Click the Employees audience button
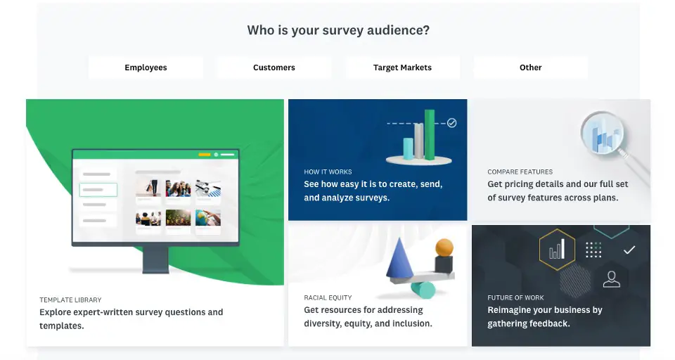point(146,67)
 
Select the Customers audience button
point(274,67)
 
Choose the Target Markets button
point(402,67)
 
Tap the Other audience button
point(530,67)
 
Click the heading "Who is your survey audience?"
point(338,30)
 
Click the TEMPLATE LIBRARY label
point(70,300)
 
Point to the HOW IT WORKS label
point(328,172)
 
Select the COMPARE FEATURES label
point(520,172)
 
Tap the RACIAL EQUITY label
point(328,297)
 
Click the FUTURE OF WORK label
point(515,297)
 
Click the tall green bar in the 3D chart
point(430,134)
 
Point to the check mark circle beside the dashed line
point(451,123)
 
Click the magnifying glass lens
point(603,134)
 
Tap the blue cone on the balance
point(400,258)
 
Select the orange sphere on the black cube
point(444,247)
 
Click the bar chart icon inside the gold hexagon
point(557,250)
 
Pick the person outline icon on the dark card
point(611,279)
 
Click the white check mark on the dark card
point(629,250)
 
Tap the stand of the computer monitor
point(155,259)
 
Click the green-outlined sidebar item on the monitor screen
point(98,189)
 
